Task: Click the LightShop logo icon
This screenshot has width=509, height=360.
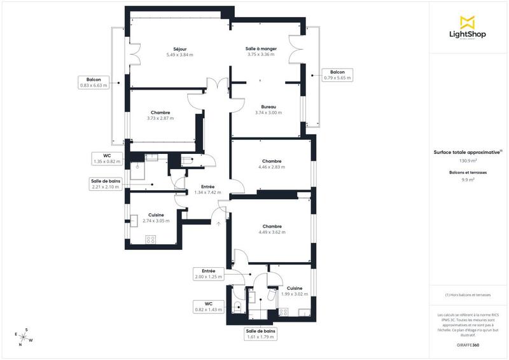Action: click(468, 22)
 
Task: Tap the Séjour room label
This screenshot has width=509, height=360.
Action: click(179, 52)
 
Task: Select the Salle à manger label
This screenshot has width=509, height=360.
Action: click(260, 52)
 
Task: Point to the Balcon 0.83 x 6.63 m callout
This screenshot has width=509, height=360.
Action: click(94, 82)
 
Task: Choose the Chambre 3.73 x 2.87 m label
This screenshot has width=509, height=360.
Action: click(160, 115)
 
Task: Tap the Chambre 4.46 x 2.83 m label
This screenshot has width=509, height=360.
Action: click(271, 164)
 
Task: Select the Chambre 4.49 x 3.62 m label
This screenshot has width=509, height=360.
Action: click(272, 230)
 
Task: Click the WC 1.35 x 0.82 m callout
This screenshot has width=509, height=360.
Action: click(107, 159)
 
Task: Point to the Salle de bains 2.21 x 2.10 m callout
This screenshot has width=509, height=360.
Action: click(105, 184)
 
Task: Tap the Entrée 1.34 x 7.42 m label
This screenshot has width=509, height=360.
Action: click(207, 189)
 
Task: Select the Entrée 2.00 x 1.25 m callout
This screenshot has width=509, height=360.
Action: click(208, 274)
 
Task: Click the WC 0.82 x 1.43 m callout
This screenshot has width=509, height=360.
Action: click(208, 307)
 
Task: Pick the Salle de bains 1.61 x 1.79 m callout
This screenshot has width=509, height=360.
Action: click(260, 334)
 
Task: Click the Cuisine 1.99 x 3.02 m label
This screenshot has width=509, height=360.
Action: click(294, 291)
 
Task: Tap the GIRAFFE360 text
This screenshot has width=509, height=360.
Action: click(468, 344)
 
